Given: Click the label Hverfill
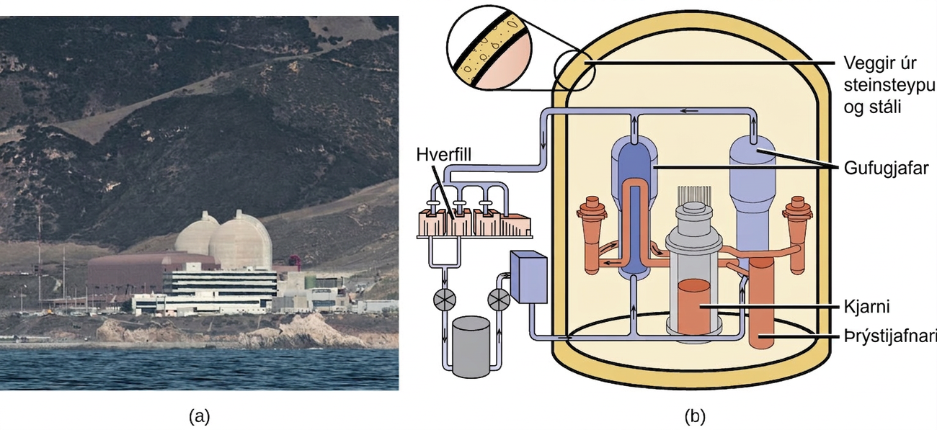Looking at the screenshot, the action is pyautogui.click(x=444, y=155).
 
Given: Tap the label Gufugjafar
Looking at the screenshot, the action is pyautogui.click(x=886, y=168).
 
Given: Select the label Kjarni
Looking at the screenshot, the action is pyautogui.click(x=866, y=307).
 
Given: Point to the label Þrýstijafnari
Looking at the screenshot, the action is pyautogui.click(x=889, y=337).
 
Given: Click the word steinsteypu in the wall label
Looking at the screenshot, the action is pyautogui.click(x=889, y=85).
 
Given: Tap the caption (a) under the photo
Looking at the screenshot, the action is pyautogui.click(x=200, y=416).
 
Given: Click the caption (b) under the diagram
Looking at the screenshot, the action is pyautogui.click(x=695, y=416).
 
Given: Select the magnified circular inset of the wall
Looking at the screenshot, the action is pyautogui.click(x=489, y=48).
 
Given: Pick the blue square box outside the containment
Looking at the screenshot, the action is pyautogui.click(x=529, y=277).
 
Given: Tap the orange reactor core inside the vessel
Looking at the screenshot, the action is pyautogui.click(x=694, y=307).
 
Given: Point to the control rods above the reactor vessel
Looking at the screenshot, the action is pyautogui.click(x=694, y=194).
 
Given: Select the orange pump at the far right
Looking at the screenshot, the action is pyautogui.click(x=798, y=234).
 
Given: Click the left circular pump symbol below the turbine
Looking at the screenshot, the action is pyautogui.click(x=445, y=299).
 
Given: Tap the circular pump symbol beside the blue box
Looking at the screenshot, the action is pyautogui.click(x=499, y=300).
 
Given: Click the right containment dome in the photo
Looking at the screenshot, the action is pyautogui.click(x=241, y=241).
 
